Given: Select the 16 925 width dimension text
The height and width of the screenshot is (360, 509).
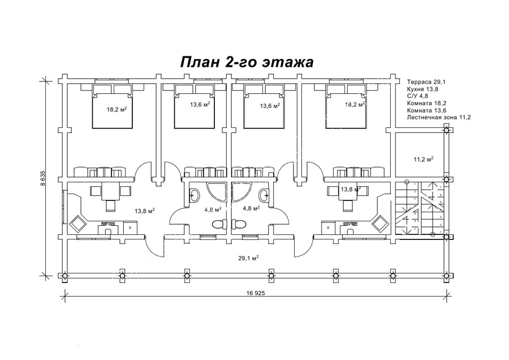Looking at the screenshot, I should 256,294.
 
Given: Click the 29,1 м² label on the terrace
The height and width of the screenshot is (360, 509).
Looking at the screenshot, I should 249,258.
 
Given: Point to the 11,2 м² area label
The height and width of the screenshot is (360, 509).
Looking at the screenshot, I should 424,160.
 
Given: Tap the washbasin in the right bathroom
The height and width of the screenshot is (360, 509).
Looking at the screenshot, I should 264,196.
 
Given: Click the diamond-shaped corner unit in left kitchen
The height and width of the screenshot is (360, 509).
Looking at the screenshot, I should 77,225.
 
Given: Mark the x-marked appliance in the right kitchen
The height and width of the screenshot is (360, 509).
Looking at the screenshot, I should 328,228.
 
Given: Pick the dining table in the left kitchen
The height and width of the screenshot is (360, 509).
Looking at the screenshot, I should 110,191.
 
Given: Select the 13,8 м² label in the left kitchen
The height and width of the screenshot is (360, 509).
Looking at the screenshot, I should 145,211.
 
